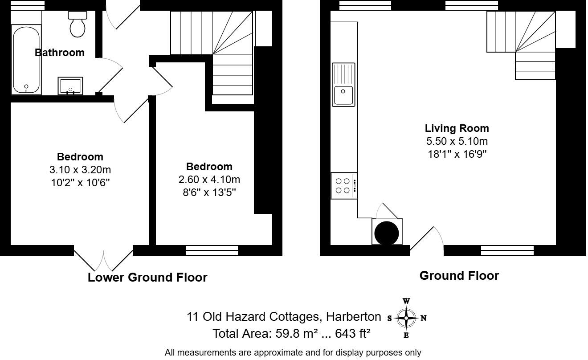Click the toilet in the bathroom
pyautogui.click(x=78, y=25)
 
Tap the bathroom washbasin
pyautogui.click(x=70, y=86)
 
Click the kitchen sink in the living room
pyautogui.click(x=343, y=85)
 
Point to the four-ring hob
pyautogui.click(x=344, y=186)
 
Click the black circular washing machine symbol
pyautogui.click(x=387, y=232)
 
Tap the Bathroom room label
pyautogui.click(x=60, y=53)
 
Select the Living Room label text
pyautogui.click(x=457, y=128)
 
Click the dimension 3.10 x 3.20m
pyautogui.click(x=80, y=170)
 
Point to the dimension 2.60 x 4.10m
pyautogui.click(x=209, y=180)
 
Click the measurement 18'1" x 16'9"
pyautogui.click(x=457, y=154)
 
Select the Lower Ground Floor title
pyautogui.click(x=147, y=277)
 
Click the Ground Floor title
pyautogui.click(x=459, y=276)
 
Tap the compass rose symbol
pyautogui.click(x=406, y=318)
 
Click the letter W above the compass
pyautogui.click(x=406, y=301)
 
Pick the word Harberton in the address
pyautogui.click(x=353, y=317)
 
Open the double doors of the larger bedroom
pyautogui.click(x=103, y=258)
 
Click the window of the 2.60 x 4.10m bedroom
pyautogui.click(x=212, y=250)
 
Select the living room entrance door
pyautogui.click(x=426, y=241)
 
